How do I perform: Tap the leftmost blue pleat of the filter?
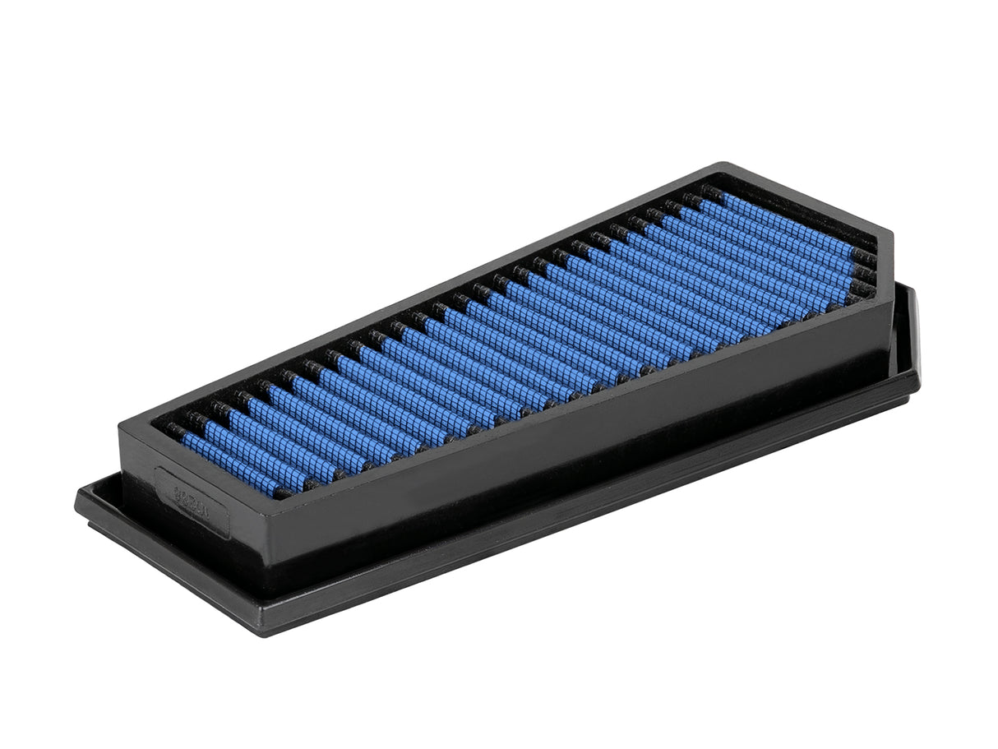point(232,464)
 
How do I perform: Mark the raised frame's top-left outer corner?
point(120,422)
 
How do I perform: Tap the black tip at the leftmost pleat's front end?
point(282,492)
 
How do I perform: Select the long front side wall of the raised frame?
point(575,444)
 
